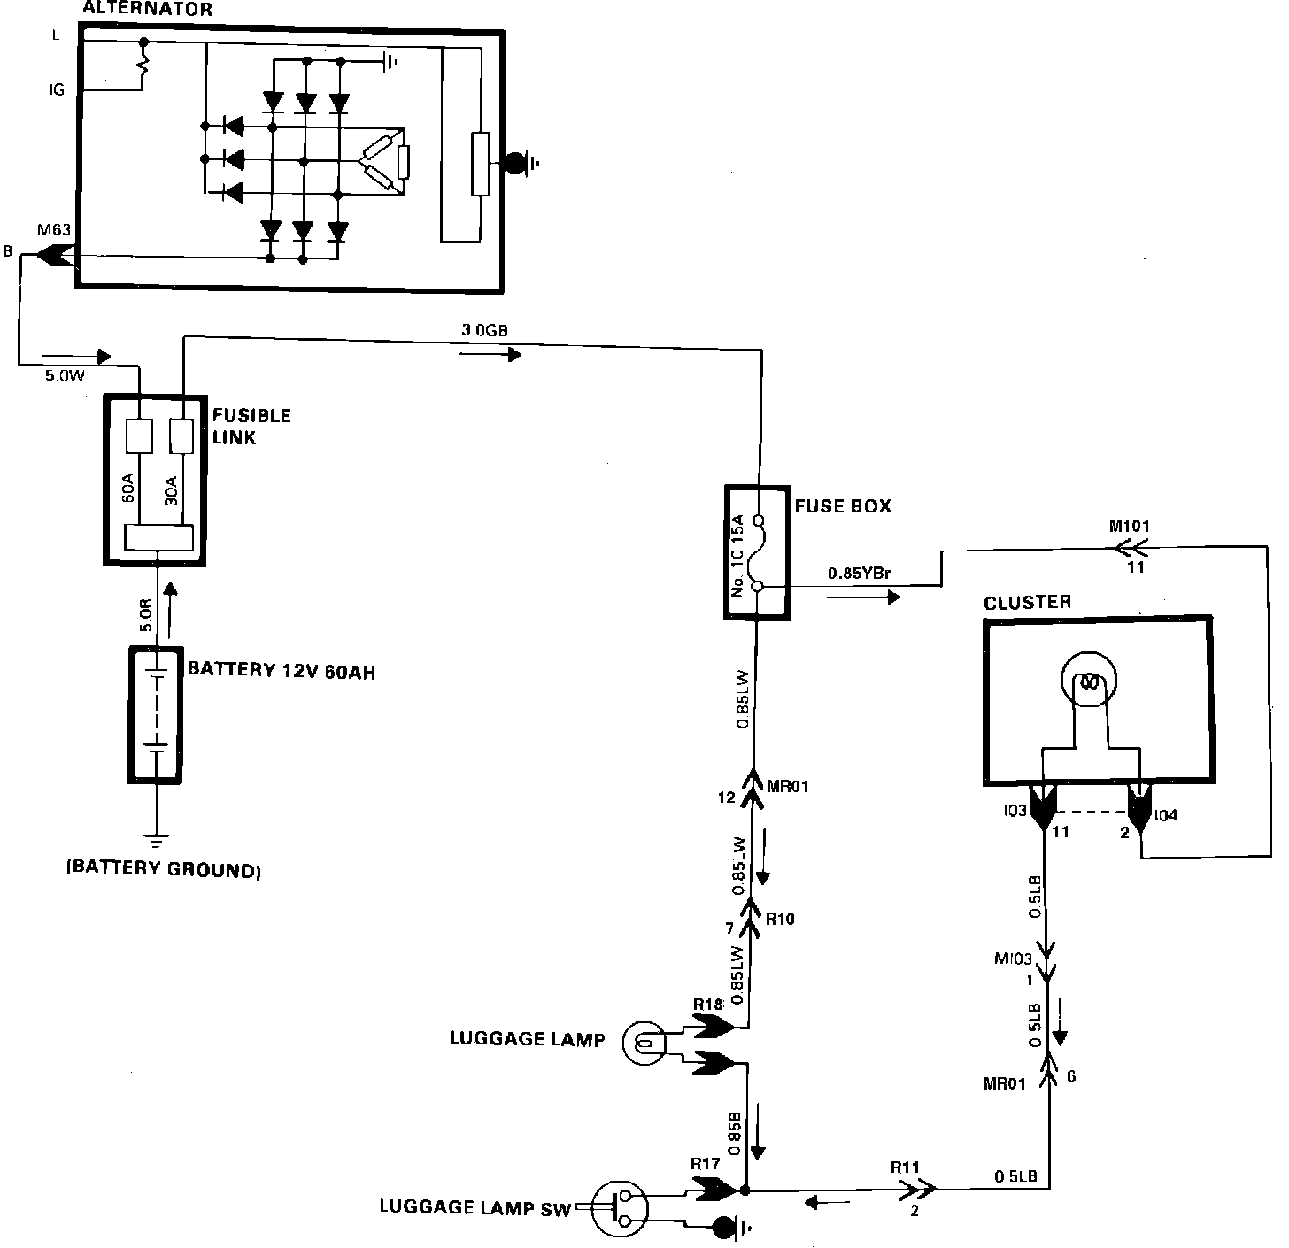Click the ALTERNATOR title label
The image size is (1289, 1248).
(147, 11)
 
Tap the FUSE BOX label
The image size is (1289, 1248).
(843, 506)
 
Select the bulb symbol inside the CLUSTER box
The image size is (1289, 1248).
(1088, 683)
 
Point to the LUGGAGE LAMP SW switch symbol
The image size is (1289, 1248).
(619, 1209)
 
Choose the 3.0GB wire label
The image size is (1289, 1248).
(484, 330)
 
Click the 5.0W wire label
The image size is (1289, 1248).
(64, 375)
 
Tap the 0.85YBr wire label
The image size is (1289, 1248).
(859, 574)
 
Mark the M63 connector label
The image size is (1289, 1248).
(54, 231)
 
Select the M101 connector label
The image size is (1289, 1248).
(1130, 527)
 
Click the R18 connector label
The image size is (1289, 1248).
(708, 1005)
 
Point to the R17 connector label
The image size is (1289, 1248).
(705, 1163)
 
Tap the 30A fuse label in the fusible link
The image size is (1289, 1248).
(172, 489)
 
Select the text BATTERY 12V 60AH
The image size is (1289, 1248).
(282, 670)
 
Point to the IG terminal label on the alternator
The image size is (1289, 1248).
(56, 90)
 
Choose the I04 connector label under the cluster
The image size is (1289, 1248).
(1166, 815)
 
